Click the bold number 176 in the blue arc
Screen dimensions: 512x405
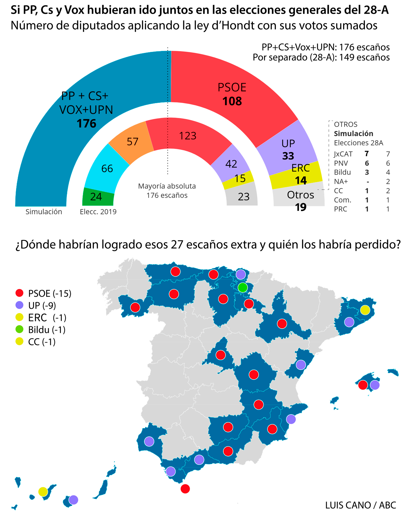pyautogui.click(x=86, y=124)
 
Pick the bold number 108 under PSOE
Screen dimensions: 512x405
pyautogui.click(x=232, y=101)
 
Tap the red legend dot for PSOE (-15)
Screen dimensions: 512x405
pyautogui.click(x=20, y=293)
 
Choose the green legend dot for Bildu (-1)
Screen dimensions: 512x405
pyautogui.click(x=20, y=330)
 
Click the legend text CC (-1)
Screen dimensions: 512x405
pyautogui.click(x=42, y=342)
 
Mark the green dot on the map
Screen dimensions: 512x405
pyautogui.click(x=242, y=287)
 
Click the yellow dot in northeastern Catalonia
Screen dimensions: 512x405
pyautogui.click(x=365, y=310)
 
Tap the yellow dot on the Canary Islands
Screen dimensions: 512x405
pyautogui.click(x=43, y=492)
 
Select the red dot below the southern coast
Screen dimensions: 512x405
pyautogui.click(x=185, y=489)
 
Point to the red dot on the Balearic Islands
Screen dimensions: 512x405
pyautogui.click(x=363, y=385)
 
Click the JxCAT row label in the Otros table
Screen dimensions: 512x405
pyautogui.click(x=343, y=154)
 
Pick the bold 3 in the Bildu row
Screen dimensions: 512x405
pyautogui.click(x=367, y=172)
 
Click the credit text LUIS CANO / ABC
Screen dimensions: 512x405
pyautogui.click(x=361, y=505)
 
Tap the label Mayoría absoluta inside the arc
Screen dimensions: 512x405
pyautogui.click(x=167, y=186)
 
